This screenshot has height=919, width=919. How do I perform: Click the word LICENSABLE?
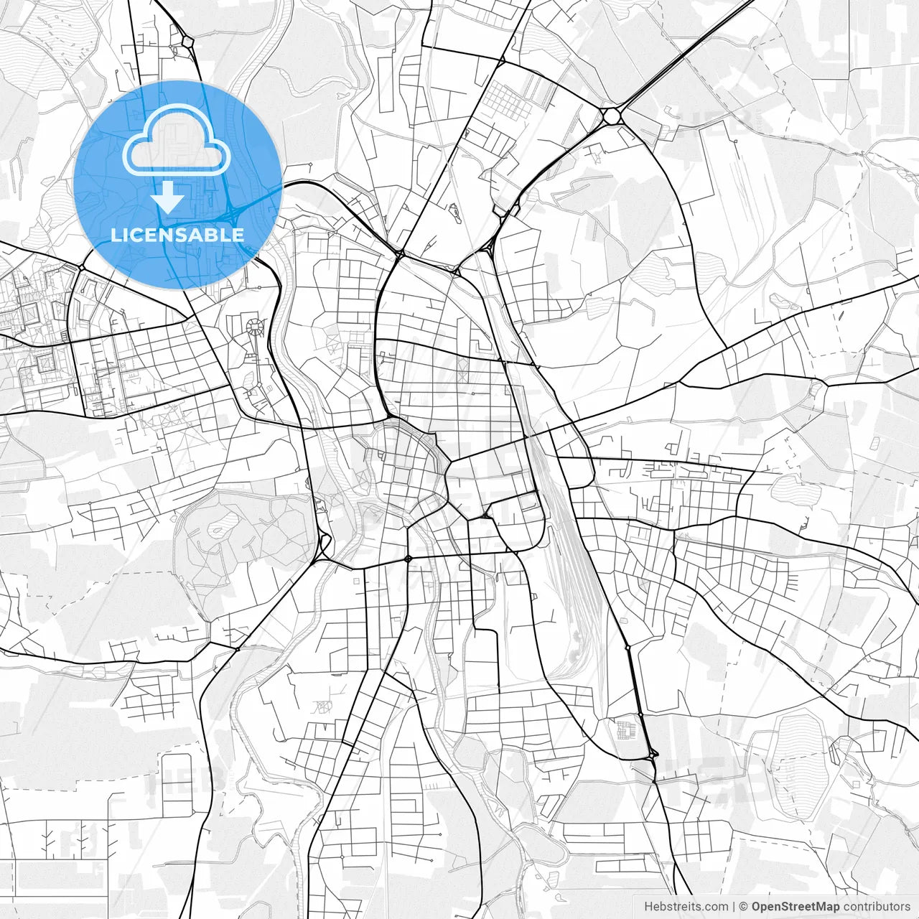click(177, 235)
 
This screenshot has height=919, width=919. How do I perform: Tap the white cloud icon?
click(177, 144)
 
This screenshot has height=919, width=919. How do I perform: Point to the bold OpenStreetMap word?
click(796, 907)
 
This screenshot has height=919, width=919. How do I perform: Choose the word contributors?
click(876, 907)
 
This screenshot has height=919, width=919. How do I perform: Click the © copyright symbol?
click(744, 907)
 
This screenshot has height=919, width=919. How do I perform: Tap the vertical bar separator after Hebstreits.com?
click(734, 907)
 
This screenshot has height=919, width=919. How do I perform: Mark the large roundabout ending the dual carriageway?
click(612, 115)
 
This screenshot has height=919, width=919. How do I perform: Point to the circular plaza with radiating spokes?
click(255, 327)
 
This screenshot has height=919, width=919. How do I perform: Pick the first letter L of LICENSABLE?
click(115, 235)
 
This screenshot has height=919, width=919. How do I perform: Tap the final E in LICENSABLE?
click(238, 235)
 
